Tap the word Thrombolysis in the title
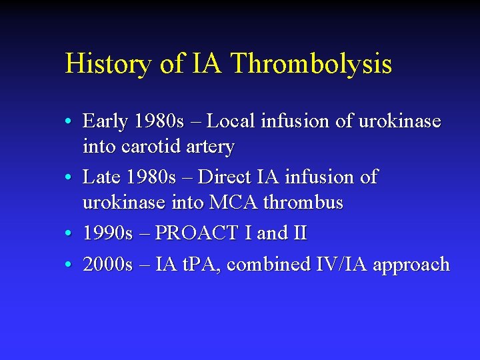pos(311,65)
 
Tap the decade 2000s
pos(108,265)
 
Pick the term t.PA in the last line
pos(200,265)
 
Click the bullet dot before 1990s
pos(69,234)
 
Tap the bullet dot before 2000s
pos(69,265)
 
